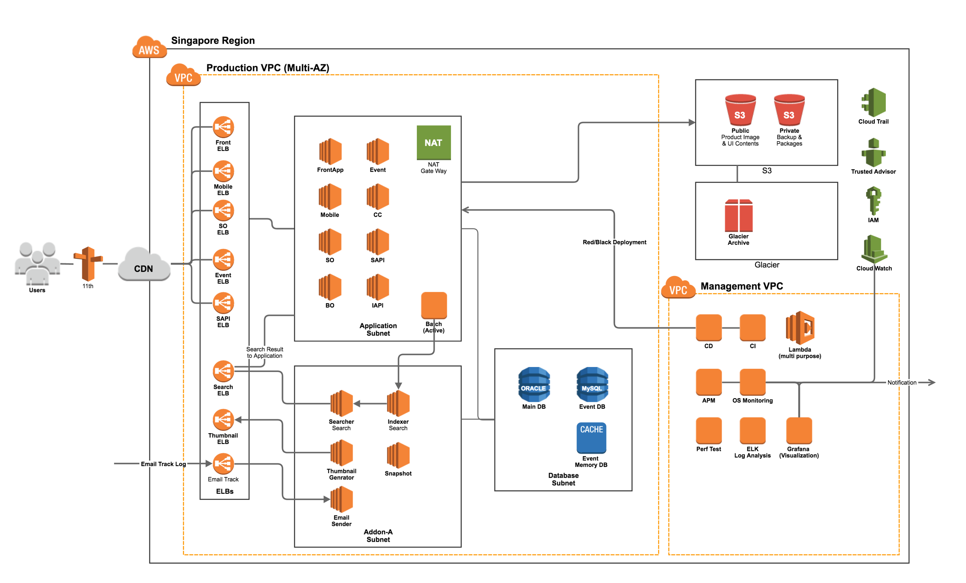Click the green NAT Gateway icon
point(434,142)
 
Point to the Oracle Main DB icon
point(534,384)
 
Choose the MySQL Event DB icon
point(592,384)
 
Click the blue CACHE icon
point(591,437)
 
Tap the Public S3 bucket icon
point(740,110)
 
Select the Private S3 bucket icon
point(789,110)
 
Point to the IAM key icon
point(874,201)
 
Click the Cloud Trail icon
point(874,102)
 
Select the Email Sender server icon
point(341,499)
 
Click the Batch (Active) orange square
point(434,305)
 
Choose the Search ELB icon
point(223,371)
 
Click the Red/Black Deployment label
point(614,242)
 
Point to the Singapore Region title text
point(213,41)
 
